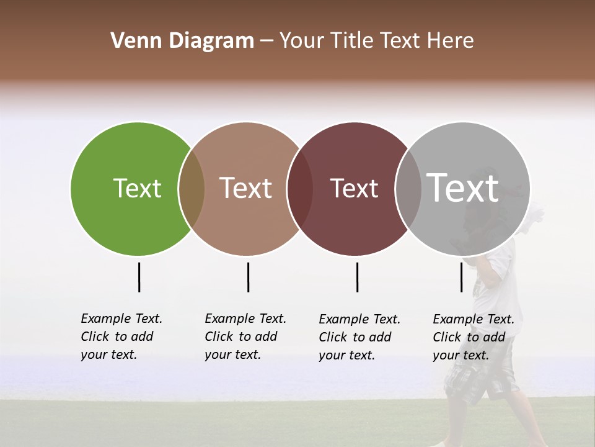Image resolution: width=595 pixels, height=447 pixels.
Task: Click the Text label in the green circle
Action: pos(137,188)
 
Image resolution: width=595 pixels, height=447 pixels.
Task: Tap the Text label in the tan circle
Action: pos(245,188)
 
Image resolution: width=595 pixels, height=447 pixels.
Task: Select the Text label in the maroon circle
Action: pos(354,189)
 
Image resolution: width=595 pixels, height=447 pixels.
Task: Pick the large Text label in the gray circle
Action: pos(463,187)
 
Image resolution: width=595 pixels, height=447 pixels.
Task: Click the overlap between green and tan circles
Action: pos(192,189)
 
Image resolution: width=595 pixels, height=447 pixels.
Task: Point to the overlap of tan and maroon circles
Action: pos(300,189)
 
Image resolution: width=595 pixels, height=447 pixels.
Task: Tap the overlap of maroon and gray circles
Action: pos(408,189)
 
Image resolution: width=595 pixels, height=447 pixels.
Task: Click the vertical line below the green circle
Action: pos(139,277)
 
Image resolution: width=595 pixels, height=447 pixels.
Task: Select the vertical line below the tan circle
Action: pos(248,277)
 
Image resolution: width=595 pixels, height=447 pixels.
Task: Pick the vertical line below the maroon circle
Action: pos(357,277)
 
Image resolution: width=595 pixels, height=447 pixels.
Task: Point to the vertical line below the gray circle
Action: pos(461,277)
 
